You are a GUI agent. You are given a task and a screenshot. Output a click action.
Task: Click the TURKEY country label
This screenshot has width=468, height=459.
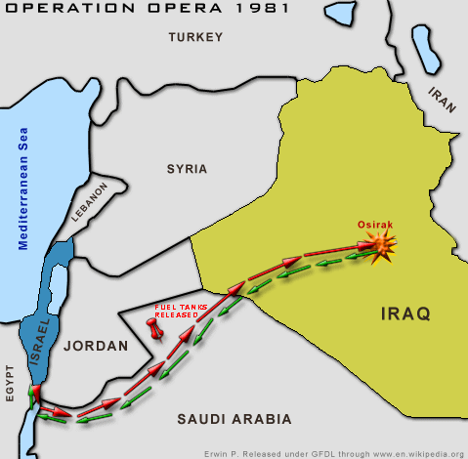click(x=195, y=38)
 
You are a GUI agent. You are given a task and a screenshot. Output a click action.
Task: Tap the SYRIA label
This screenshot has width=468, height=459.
click(x=187, y=168)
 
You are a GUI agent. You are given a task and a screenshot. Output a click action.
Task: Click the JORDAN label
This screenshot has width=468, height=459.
click(x=96, y=346)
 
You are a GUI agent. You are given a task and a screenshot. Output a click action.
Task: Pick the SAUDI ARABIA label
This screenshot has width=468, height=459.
click(x=234, y=419)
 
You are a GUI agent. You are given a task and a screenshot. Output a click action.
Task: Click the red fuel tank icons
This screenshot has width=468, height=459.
click(x=155, y=327)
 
